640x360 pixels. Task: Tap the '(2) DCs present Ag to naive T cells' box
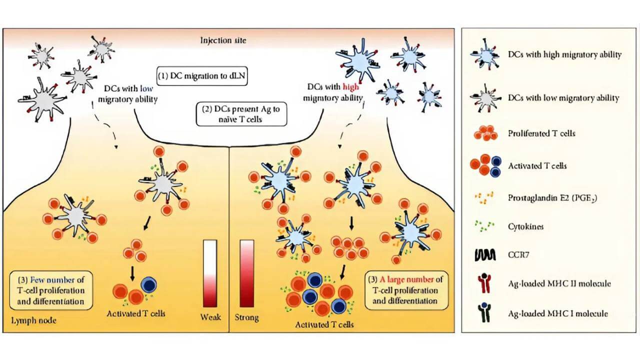tap(241, 115)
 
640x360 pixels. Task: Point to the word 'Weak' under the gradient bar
tap(209, 317)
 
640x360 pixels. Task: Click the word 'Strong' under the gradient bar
tap(246, 317)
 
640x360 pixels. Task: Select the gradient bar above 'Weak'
tap(209, 273)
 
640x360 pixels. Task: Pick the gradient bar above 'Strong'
tap(247, 273)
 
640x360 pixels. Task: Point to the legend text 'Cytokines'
tap(525, 226)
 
